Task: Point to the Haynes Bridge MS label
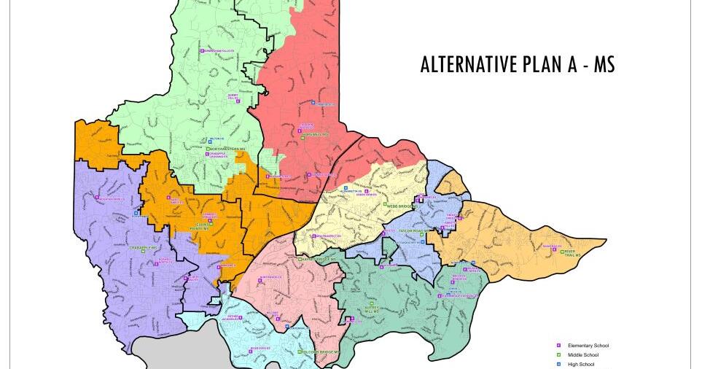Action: click(318, 259)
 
